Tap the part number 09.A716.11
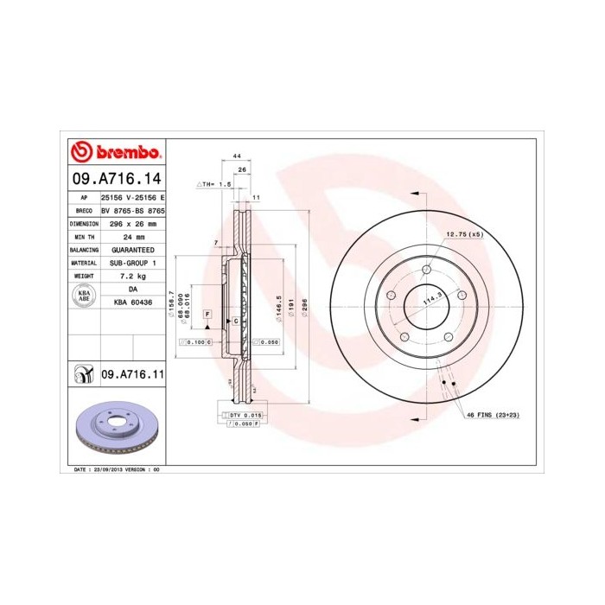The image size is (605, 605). [133, 374]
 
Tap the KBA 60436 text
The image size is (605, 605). [133, 302]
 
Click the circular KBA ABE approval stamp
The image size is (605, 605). [85, 296]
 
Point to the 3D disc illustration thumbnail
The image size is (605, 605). [115, 428]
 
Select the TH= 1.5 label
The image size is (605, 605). [216, 184]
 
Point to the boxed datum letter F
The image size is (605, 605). [208, 312]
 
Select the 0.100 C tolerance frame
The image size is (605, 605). [195, 343]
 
